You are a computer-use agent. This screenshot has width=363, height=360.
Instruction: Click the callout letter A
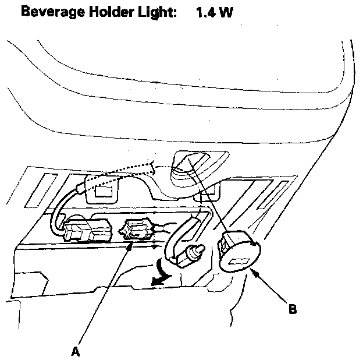point(74,351)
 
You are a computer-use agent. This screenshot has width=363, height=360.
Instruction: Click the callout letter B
point(292,309)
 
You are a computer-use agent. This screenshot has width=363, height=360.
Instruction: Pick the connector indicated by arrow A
point(138,230)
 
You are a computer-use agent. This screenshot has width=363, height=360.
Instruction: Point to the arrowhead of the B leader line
point(254,271)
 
